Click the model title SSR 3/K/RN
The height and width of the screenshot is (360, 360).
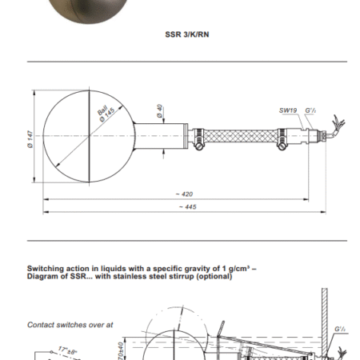point(187,34)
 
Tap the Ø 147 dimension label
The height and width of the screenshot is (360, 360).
point(30,139)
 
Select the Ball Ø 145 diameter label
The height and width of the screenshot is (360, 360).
point(106,114)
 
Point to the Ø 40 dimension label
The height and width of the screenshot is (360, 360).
point(159,110)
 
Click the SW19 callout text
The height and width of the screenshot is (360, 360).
point(288,110)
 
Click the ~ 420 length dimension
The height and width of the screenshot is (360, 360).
point(184,194)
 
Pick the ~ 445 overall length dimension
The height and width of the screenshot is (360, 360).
point(187,207)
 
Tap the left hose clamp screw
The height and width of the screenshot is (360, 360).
point(198,146)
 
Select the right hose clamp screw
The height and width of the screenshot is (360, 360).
point(282,146)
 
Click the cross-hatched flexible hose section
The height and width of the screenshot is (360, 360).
point(241,136)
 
